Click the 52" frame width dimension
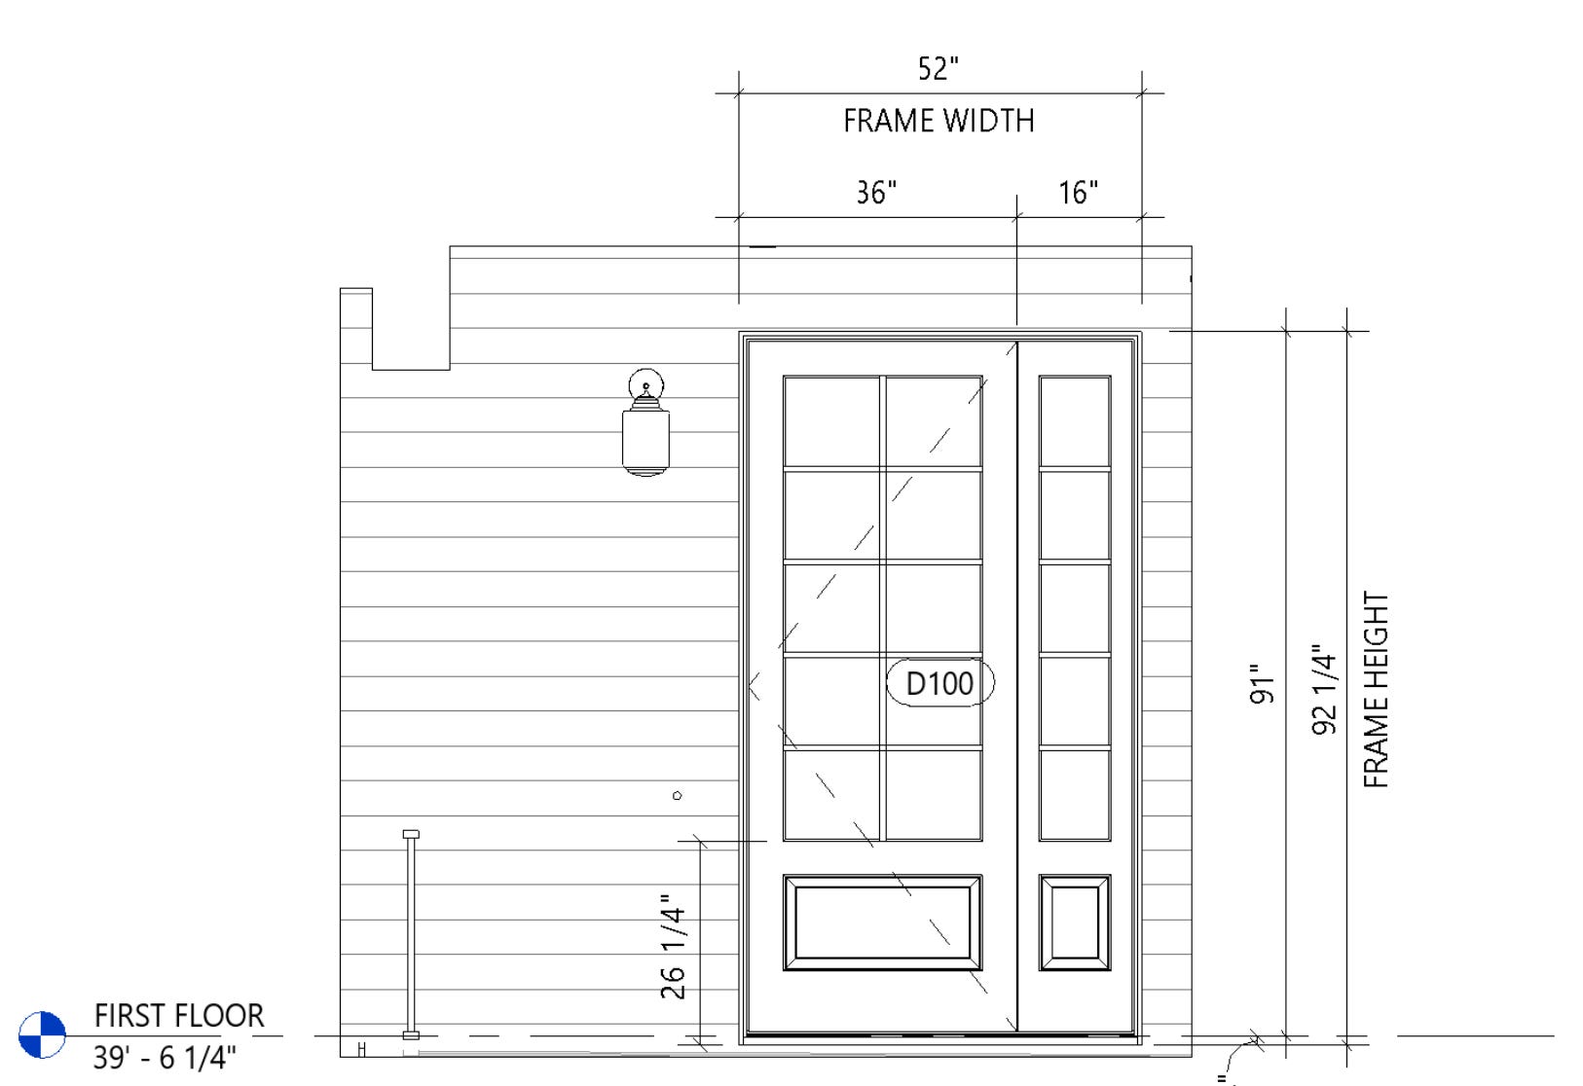[x=938, y=68]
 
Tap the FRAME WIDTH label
[x=939, y=121]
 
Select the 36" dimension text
[x=876, y=192]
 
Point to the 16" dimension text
[x=1079, y=192]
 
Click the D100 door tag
[x=939, y=683]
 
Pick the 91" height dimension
[x=1262, y=683]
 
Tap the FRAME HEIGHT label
[x=1376, y=690]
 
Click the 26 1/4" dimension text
[x=673, y=946]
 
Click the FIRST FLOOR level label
[x=179, y=1015]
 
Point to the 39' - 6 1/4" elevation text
[x=165, y=1058]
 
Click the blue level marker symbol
[x=43, y=1035]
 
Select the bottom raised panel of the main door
[x=883, y=923]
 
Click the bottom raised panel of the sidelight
[x=1075, y=923]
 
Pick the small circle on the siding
[x=677, y=796]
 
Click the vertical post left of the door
[x=411, y=935]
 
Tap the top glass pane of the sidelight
[x=1075, y=421]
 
